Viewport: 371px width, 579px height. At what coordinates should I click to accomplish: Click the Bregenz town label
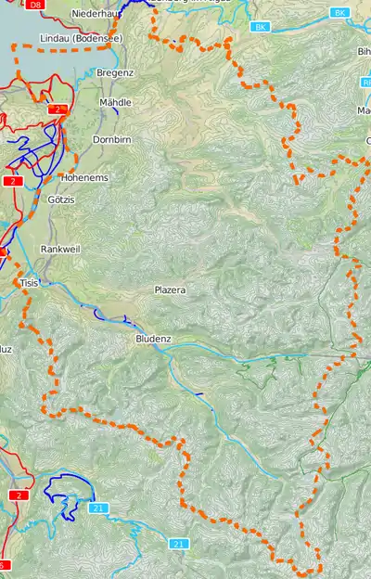(x=115, y=72)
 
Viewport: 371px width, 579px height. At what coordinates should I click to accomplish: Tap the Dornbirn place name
(x=115, y=140)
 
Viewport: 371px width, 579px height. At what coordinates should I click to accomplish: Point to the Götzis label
(x=62, y=199)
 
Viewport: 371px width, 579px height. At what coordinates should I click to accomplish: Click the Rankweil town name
(x=61, y=250)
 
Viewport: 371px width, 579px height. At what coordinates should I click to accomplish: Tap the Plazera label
(x=170, y=290)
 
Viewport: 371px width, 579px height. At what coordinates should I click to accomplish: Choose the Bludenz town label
(x=153, y=340)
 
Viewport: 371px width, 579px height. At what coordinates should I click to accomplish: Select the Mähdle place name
(x=115, y=103)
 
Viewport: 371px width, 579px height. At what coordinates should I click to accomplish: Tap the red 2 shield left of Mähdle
(x=58, y=109)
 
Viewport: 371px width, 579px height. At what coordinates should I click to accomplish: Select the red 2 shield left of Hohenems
(x=13, y=181)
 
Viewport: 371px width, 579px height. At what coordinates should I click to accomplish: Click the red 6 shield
(x=4, y=565)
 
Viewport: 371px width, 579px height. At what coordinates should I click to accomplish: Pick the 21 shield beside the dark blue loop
(x=98, y=508)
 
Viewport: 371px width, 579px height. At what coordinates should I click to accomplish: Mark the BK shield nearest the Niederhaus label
(x=261, y=28)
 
